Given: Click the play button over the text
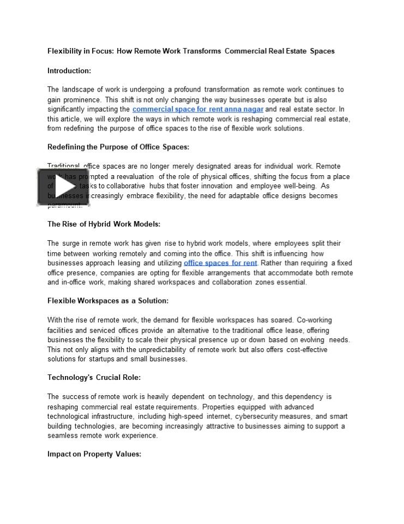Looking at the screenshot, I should [63, 187].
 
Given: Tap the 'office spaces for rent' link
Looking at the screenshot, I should [220, 263].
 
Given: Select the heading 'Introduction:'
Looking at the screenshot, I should [69, 70].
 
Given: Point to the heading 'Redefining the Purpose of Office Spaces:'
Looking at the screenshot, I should [118, 147].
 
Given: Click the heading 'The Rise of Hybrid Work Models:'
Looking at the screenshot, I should [104, 224].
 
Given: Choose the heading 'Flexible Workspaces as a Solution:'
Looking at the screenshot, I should [108, 301].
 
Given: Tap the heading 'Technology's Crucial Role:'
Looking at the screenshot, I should [94, 377].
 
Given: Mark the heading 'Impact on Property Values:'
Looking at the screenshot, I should [94, 454].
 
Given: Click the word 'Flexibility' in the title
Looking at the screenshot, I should [65, 51].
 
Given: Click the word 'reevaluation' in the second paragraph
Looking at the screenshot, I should [135, 176].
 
